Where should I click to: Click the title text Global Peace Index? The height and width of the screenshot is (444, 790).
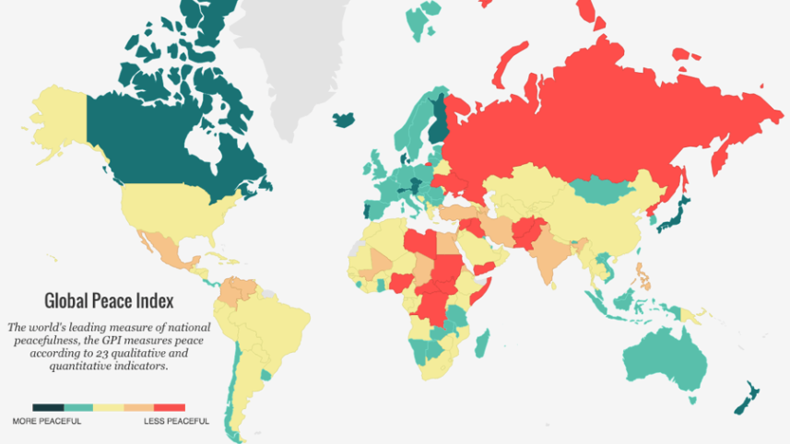click(x=109, y=301)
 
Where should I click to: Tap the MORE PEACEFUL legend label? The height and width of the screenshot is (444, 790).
click(x=46, y=421)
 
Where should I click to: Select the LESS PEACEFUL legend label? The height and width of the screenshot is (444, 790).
click(x=176, y=421)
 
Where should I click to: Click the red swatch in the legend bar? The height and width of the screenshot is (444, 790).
click(x=170, y=407)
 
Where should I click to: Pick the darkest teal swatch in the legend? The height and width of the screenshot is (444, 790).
click(x=47, y=407)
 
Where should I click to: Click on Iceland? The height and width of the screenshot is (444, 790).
click(x=346, y=121)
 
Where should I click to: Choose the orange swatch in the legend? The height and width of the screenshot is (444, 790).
click(x=139, y=407)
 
